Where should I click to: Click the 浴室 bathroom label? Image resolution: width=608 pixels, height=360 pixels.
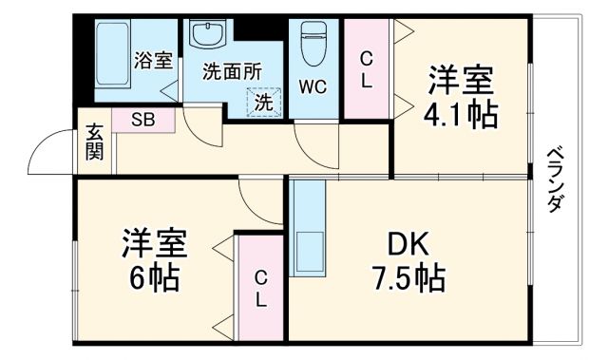click(153, 61)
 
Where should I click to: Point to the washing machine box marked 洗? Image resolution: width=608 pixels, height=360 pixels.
click(264, 100)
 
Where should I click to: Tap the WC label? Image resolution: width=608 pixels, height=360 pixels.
click(313, 87)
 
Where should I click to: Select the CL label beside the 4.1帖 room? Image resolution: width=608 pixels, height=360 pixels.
click(366, 67)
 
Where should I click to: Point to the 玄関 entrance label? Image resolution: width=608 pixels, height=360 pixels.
click(94, 142)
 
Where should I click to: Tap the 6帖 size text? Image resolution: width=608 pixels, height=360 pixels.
click(153, 281)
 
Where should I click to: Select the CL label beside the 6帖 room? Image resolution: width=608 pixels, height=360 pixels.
click(259, 288)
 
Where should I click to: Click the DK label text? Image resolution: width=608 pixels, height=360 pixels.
click(405, 244)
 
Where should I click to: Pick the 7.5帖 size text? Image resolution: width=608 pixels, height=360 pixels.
click(406, 279)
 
